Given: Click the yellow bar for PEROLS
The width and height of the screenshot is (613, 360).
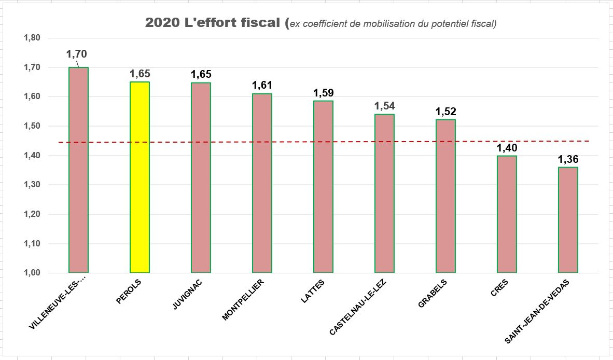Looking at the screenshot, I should [x=140, y=177].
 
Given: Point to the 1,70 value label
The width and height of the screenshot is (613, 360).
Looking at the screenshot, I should [x=76, y=53].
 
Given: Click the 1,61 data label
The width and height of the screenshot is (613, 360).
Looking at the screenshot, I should [x=262, y=85].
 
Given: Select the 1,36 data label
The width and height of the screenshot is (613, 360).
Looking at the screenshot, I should [x=568, y=159].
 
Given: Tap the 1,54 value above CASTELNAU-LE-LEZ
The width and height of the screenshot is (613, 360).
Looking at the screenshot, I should [x=384, y=106].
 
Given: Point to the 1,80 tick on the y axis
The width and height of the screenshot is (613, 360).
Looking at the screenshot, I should [x=32, y=38].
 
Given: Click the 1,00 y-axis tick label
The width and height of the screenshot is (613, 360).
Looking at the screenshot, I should [x=32, y=273].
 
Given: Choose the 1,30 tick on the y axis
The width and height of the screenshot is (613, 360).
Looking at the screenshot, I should [x=32, y=185].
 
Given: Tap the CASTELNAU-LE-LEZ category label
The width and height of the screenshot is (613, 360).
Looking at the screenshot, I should [x=358, y=306].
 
